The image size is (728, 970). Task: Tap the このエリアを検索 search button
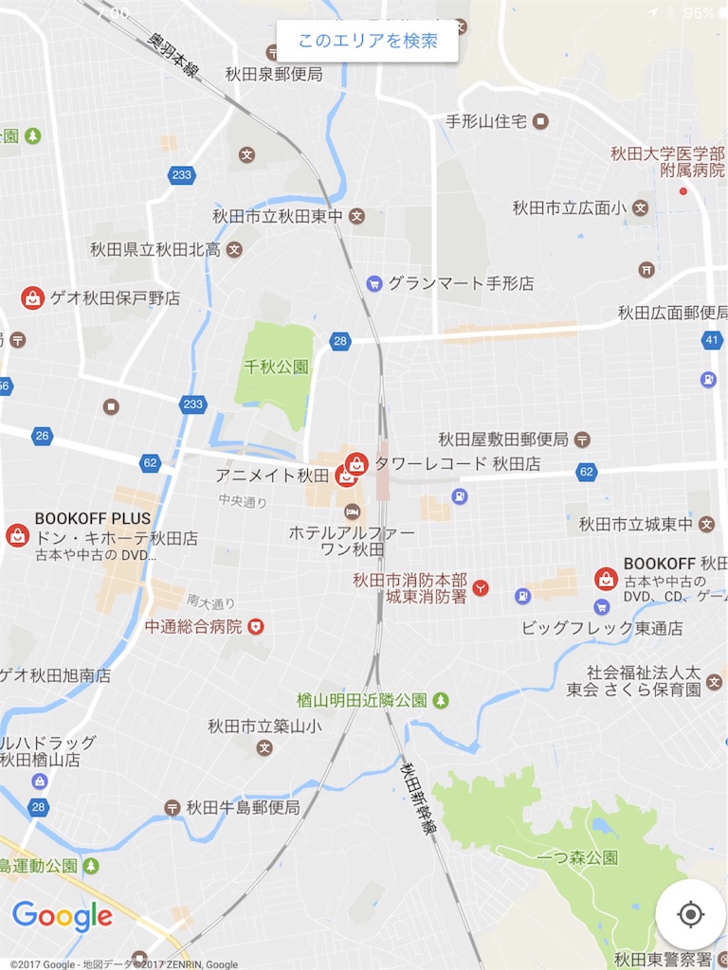point(368,42)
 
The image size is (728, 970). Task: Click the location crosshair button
point(690,915)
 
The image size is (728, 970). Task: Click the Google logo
point(63,916)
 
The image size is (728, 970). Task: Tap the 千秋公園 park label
point(276,367)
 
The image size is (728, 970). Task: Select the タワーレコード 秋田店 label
point(457,464)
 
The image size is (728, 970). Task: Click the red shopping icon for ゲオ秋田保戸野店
point(33,298)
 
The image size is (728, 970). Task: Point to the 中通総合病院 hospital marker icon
point(255,626)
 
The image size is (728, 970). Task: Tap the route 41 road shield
point(712,340)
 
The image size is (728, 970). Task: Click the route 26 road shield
point(42,436)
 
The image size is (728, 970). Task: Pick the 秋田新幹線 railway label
point(417,798)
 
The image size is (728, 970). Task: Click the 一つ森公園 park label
point(577,857)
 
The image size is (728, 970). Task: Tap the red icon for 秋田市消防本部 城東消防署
point(481,588)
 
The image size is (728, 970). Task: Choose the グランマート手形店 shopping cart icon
point(374,283)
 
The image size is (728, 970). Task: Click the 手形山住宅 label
point(485,121)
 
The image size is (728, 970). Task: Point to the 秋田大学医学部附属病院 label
point(667,162)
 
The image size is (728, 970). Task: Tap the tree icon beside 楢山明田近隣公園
point(440,700)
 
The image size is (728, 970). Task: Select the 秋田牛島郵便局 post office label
point(243,807)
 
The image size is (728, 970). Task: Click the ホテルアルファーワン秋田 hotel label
point(352,541)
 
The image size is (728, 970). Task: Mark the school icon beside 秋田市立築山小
point(264,747)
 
